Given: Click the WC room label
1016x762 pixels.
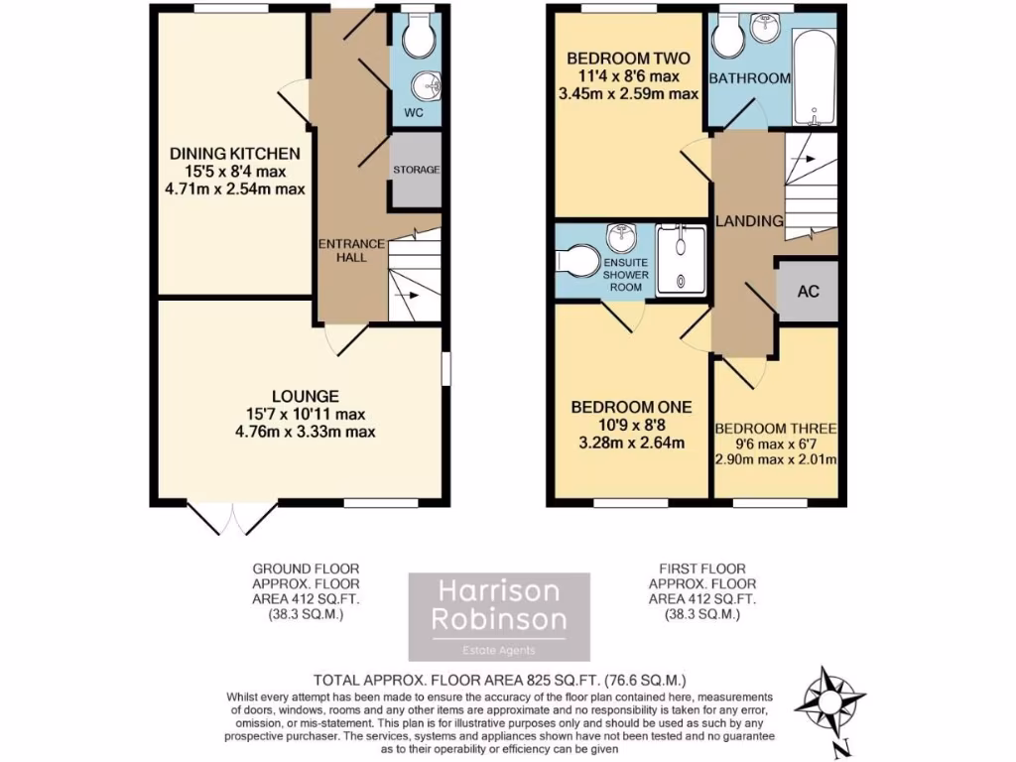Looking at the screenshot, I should click(414, 113).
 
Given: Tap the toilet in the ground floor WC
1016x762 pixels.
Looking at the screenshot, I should click(417, 36).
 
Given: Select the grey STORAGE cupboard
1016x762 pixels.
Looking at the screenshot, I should click(415, 171).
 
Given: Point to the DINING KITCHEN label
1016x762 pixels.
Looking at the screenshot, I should click(235, 154).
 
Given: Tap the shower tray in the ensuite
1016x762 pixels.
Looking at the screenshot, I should click(681, 261).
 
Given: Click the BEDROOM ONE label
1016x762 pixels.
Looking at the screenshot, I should click(631, 407).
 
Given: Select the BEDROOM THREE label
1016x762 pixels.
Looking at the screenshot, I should click(777, 429).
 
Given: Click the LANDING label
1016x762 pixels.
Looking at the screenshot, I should click(751, 220).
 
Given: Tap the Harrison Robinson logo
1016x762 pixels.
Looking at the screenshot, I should click(500, 616).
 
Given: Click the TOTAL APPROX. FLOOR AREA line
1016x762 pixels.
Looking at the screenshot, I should click(500, 681).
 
